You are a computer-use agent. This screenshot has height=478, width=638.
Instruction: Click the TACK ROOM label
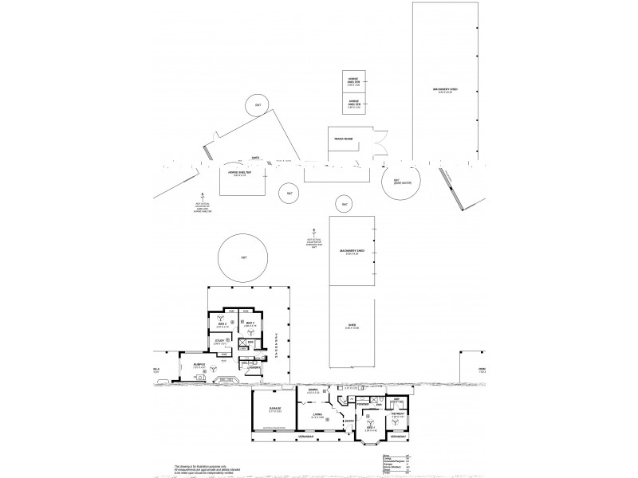(x=345, y=139)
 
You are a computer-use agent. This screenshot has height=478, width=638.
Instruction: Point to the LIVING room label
(x=317, y=414)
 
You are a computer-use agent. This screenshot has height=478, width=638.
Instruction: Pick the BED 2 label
(x=224, y=324)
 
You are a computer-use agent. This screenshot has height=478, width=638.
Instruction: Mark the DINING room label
(x=313, y=390)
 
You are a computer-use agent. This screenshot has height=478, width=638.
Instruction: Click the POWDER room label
(x=363, y=404)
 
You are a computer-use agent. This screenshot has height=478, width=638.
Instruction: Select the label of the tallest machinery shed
(x=444, y=90)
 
